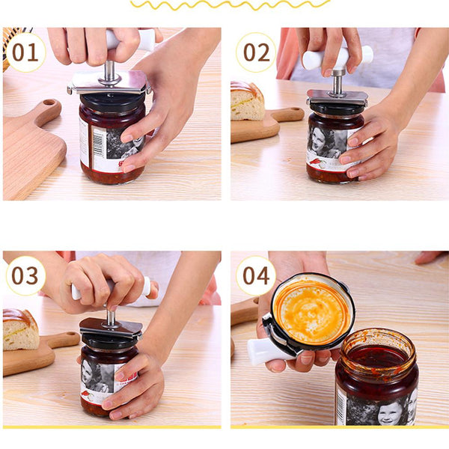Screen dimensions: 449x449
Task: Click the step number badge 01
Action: click(x=25, y=52)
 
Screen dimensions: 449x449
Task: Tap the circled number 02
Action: click(x=256, y=52)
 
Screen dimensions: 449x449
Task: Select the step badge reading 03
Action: click(x=25, y=275)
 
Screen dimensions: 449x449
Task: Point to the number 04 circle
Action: click(x=256, y=275)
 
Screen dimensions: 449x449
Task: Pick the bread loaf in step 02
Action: click(x=246, y=101)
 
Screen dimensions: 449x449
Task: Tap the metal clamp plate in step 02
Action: click(x=337, y=97)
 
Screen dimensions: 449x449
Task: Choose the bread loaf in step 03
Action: click(x=20, y=329)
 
